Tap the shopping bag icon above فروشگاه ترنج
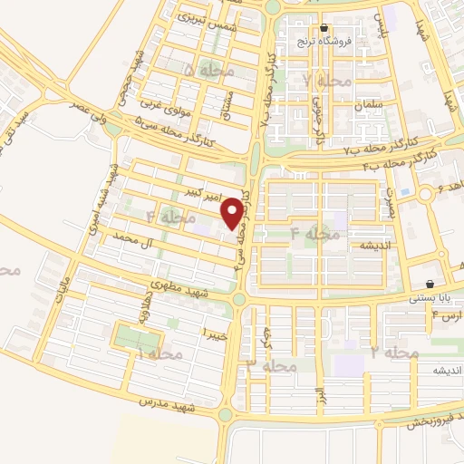pos(324,28)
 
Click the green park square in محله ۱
pos(134,337)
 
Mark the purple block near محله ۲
pos(348,365)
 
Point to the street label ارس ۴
pos(447,315)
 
